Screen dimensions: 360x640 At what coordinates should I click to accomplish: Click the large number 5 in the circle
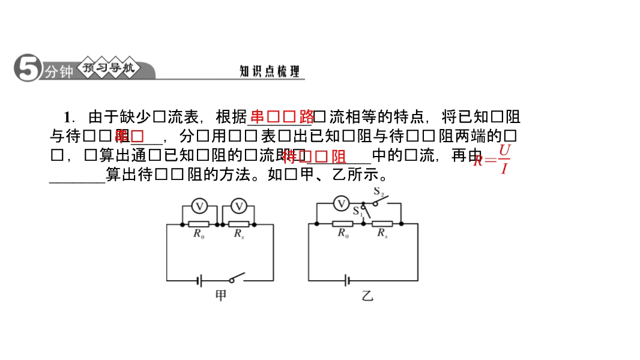tap(27, 68)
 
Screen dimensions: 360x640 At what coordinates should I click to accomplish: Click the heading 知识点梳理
tap(269, 71)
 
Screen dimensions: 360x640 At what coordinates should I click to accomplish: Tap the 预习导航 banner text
tap(109, 68)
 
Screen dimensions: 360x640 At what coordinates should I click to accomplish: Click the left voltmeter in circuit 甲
tap(199, 206)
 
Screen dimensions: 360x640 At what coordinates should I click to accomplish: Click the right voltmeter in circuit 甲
tap(239, 206)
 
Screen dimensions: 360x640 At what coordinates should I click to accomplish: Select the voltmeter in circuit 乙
tap(341, 204)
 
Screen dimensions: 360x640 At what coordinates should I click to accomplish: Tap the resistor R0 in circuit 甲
tap(199, 224)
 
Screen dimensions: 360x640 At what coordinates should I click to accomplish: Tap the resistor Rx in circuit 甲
tap(238, 224)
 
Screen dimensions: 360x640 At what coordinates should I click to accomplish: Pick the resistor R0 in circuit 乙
tap(342, 224)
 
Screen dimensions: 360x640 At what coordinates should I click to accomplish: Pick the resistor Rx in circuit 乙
tap(382, 224)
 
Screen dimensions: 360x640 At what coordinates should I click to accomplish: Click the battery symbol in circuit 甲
tap(200, 280)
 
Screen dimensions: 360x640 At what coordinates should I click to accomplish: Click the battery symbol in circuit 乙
tap(346, 280)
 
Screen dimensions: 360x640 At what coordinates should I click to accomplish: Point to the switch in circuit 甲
tap(237, 277)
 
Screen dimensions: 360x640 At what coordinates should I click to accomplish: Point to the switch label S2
tap(379, 193)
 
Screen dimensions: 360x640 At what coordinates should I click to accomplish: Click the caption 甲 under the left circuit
tap(221, 296)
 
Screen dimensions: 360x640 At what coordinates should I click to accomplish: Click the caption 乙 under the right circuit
tap(367, 296)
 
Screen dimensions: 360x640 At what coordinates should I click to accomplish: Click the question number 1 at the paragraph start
tap(68, 116)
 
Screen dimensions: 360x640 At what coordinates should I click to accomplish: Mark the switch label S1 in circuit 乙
tap(358, 211)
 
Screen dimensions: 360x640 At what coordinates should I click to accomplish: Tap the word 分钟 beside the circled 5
tap(59, 72)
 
